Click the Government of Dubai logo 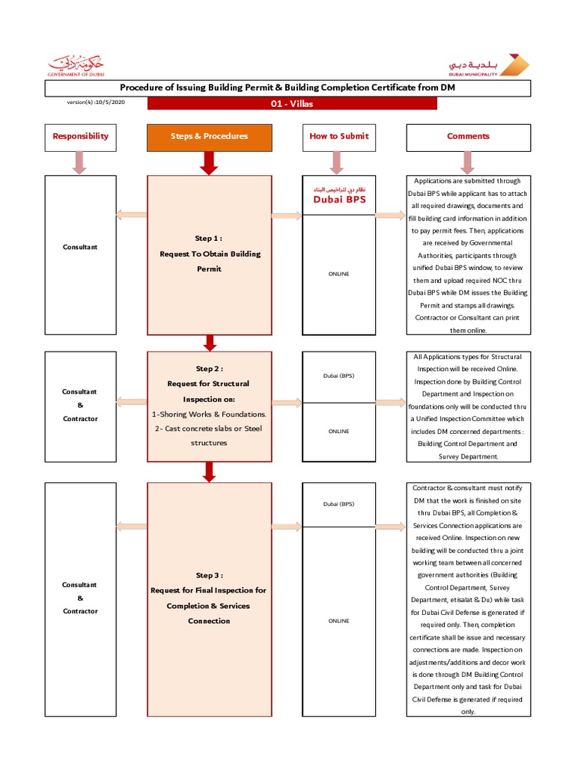coord(76,64)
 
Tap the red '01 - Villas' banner coord(292,104)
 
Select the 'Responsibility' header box coord(80,136)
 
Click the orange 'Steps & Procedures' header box coord(209,136)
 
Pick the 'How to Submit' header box coord(338,136)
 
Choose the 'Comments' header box coord(468,136)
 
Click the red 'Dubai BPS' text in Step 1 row coord(338,200)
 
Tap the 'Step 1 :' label coord(209,239)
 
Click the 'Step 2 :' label coord(209,369)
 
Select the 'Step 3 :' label coord(209,575)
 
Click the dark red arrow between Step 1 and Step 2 coord(210,343)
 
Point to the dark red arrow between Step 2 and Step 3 coord(210,471)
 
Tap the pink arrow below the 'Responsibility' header coord(80,162)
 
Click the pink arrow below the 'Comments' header coord(468,162)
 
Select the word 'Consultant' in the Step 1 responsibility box coord(80,247)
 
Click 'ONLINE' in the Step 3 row coord(338,621)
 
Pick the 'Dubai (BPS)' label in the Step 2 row coord(338,376)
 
